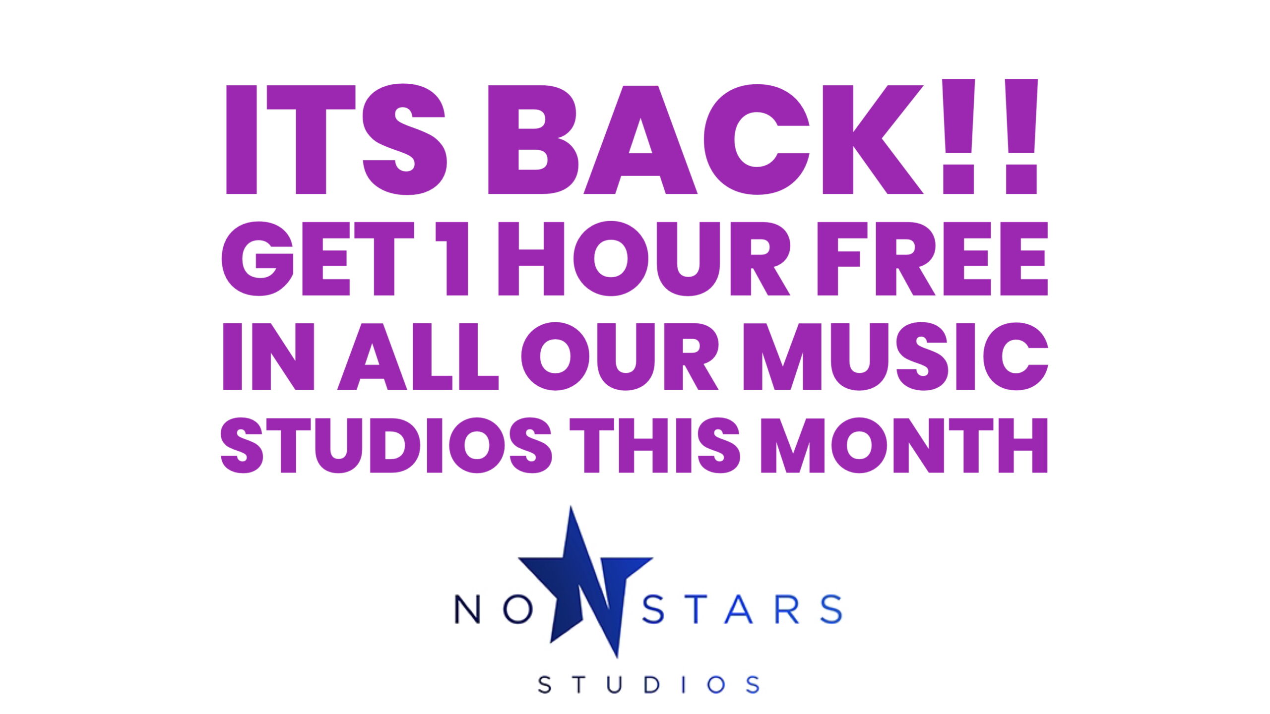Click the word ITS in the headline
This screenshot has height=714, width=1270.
336,139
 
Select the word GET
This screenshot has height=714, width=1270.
317,258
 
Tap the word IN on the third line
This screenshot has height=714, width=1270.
268,357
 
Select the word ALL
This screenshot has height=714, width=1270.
418,357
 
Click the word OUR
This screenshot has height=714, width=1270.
619,357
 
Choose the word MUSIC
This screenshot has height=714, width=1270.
895,357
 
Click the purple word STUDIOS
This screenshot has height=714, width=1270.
386,446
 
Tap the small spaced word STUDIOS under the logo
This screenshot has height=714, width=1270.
649,685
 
